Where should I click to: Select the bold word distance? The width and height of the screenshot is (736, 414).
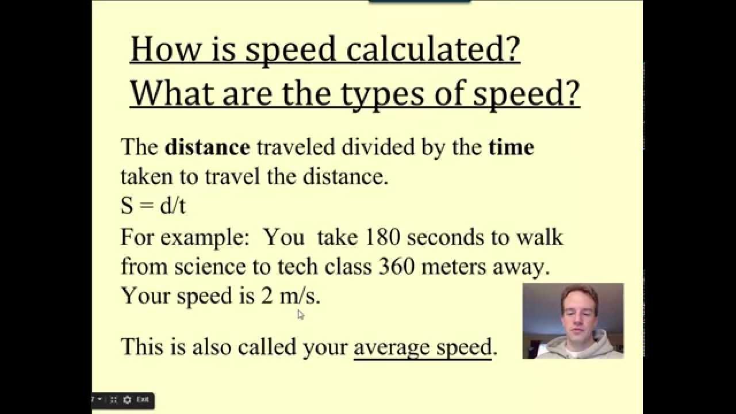click(207, 147)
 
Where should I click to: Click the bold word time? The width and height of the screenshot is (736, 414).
click(511, 147)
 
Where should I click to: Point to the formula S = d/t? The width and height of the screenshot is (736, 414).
click(153, 206)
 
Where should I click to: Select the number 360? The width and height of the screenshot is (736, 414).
click(397, 267)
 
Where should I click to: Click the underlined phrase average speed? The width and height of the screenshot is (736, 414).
click(423, 347)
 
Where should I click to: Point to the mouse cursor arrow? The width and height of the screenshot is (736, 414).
click(300, 314)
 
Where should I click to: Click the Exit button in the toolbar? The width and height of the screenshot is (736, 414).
click(143, 399)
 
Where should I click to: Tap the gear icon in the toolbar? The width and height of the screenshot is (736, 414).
click(127, 399)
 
